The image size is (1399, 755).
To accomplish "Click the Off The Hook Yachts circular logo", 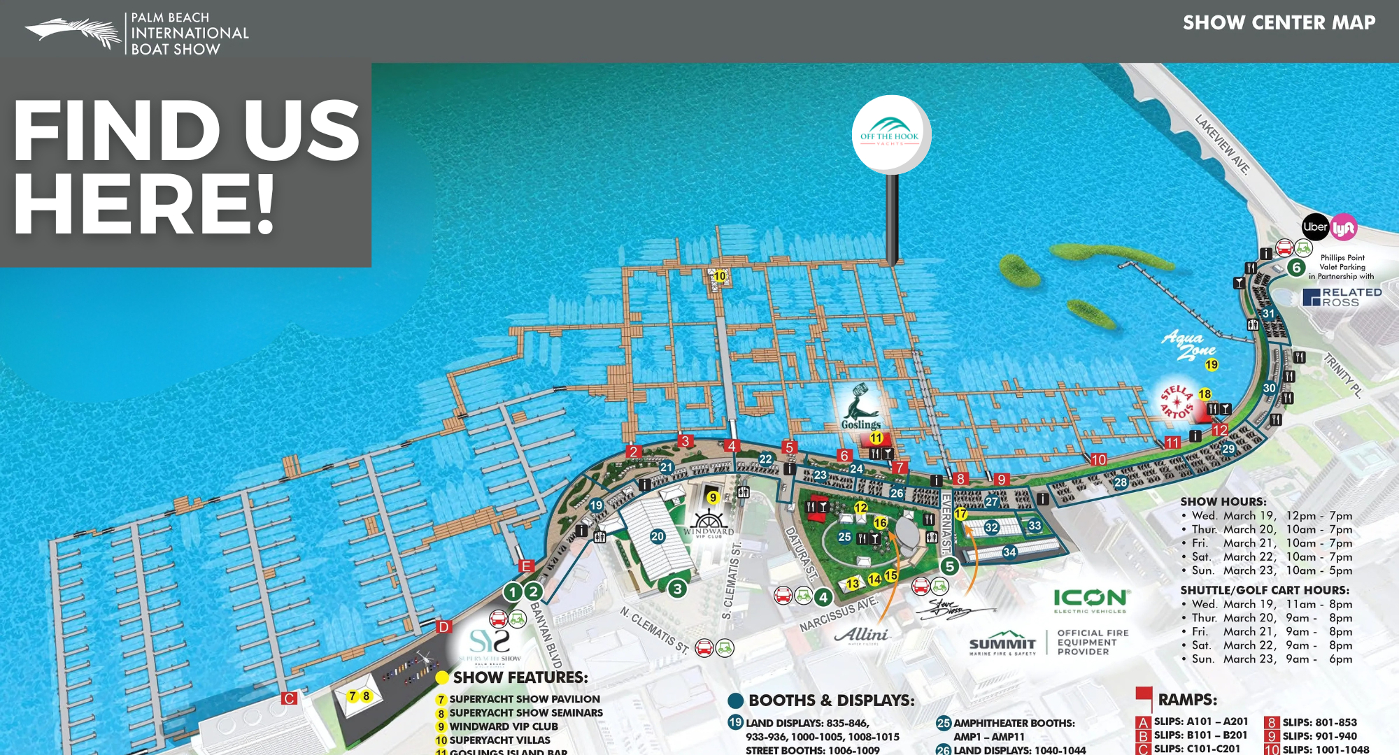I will click(890, 134).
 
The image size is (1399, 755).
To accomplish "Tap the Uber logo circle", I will click(1315, 227).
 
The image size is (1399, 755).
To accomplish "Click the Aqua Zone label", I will click(1188, 345).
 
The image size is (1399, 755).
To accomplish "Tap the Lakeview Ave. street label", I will click(1222, 145).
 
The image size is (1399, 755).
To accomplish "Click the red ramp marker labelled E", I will click(527, 566).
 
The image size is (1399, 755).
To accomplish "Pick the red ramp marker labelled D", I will click(443, 627).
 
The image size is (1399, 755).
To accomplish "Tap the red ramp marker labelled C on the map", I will click(289, 698).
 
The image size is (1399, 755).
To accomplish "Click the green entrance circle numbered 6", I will click(1296, 268).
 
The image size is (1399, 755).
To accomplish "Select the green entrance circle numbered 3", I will click(677, 589).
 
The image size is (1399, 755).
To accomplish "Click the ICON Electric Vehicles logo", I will click(1091, 601).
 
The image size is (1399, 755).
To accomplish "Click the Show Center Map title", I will click(1279, 23).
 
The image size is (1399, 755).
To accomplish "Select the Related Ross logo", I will click(1342, 297).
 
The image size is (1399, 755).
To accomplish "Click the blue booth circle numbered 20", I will click(658, 536).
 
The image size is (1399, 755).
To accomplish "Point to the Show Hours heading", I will click(1223, 501).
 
